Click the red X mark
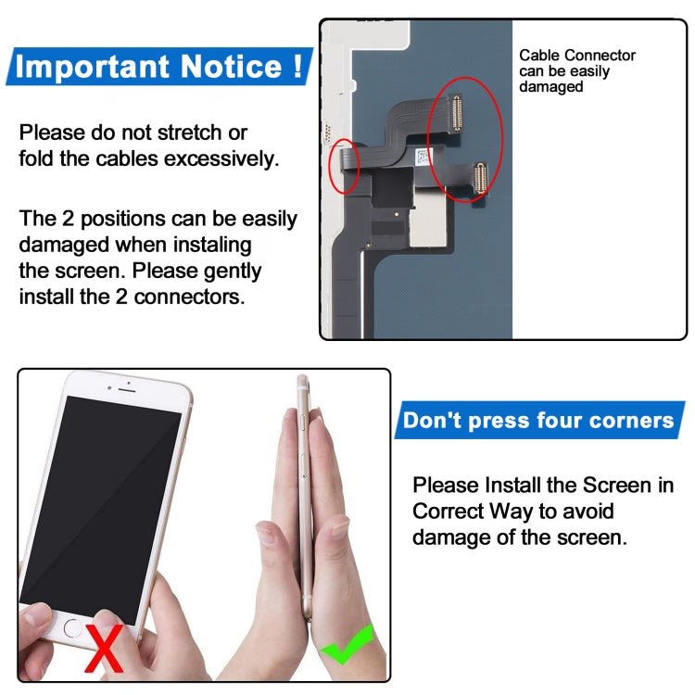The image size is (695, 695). [104, 648]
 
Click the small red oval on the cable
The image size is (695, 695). [345, 167]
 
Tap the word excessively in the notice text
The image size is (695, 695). [221, 158]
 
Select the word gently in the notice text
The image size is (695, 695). [230, 272]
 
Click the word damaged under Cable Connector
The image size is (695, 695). [550, 86]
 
